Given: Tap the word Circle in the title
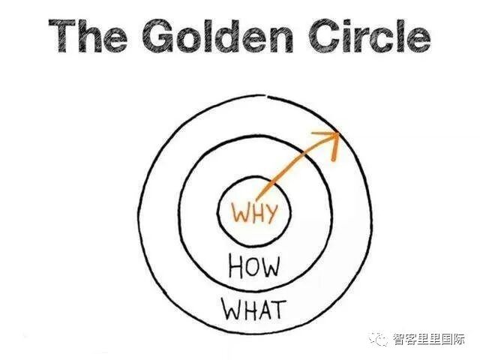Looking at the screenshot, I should click(x=368, y=36).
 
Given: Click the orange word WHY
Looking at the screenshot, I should click(x=254, y=213).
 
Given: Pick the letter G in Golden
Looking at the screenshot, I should click(x=160, y=36).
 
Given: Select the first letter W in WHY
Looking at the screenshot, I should click(x=239, y=213).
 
